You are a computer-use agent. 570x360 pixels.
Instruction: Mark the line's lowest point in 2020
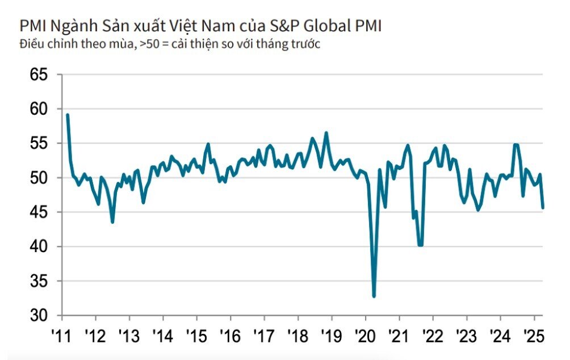pyautogui.click(x=374, y=296)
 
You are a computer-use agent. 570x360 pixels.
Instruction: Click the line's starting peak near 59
pyautogui.click(x=68, y=115)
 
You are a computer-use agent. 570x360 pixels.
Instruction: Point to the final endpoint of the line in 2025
pyautogui.click(x=543, y=208)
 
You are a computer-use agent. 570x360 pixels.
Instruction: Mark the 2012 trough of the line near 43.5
pyautogui.click(x=112, y=221)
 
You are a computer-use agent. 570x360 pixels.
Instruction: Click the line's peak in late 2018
pyautogui.click(x=326, y=133)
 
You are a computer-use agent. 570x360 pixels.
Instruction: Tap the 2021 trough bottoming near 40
pyautogui.click(x=420, y=245)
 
